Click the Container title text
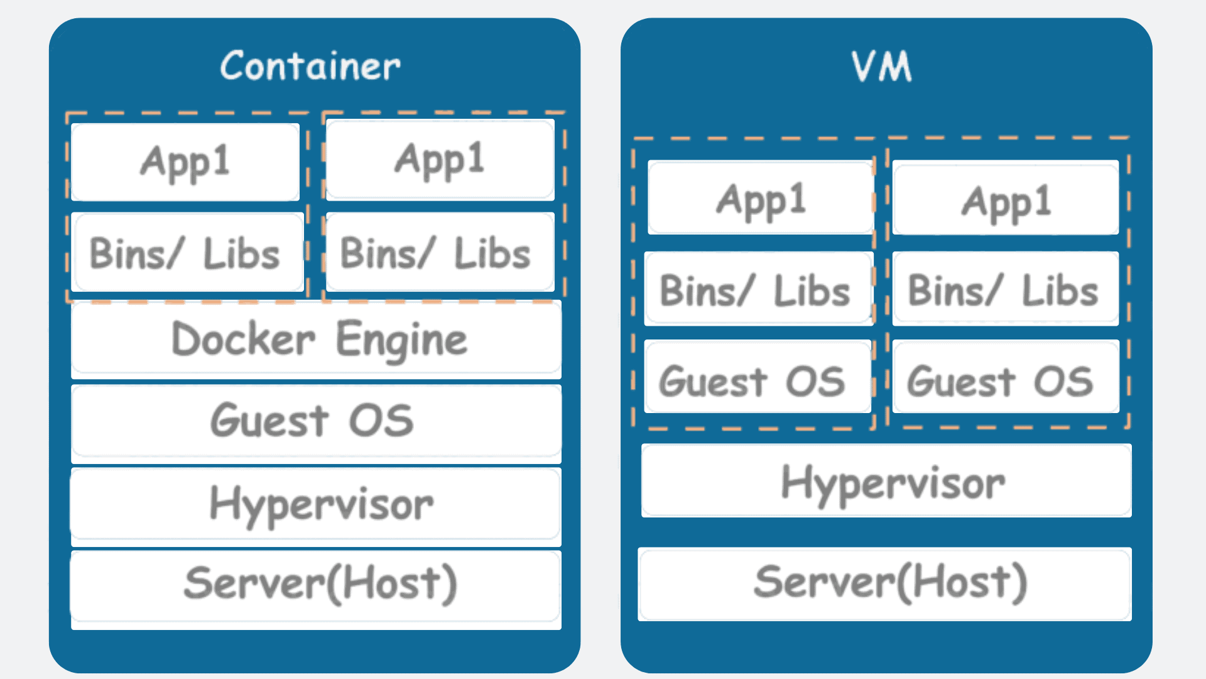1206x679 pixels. pyautogui.click(x=310, y=66)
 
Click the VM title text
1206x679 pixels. pyautogui.click(x=882, y=66)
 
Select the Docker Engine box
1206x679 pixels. pyautogui.click(x=316, y=339)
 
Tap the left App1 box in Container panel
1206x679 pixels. pyautogui.click(x=185, y=162)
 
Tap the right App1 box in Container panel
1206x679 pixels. pyautogui.click(x=440, y=160)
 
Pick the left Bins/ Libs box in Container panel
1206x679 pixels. pyautogui.click(x=187, y=253)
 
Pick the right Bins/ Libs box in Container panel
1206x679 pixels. pyautogui.click(x=439, y=253)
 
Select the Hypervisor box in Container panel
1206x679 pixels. pyautogui.click(x=316, y=504)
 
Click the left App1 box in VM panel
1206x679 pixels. pyautogui.click(x=761, y=198)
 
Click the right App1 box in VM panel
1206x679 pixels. pyautogui.click(x=1005, y=198)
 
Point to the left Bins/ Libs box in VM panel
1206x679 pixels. pyautogui.click(x=758, y=289)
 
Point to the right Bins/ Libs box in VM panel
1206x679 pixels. pyautogui.click(x=1005, y=289)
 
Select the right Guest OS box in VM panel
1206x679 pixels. pyautogui.click(x=1005, y=377)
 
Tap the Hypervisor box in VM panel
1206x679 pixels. pyautogui.click(x=886, y=482)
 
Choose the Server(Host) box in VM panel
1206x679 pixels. pyautogui.click(x=884, y=583)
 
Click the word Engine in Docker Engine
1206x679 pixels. pyautogui.click(x=402, y=340)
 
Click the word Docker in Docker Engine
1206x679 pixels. pyautogui.click(x=243, y=340)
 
